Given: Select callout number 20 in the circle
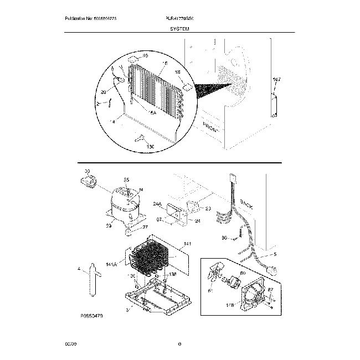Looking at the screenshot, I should [x=104, y=92].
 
